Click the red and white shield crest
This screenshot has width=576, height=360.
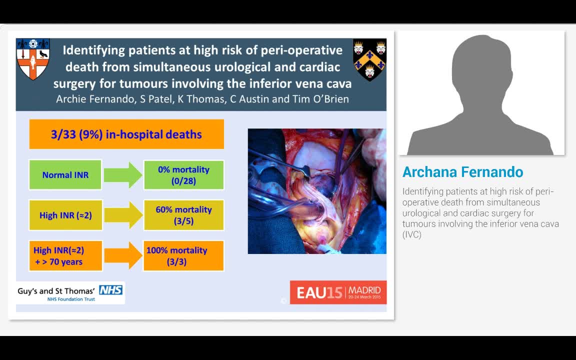click(33, 59)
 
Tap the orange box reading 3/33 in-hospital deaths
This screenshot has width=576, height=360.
click(126, 134)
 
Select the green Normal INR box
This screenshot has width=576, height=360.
click(65, 175)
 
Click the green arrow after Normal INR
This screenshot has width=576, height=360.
click(122, 175)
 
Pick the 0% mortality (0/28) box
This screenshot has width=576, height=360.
click(183, 175)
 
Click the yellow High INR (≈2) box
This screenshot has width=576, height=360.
click(65, 215)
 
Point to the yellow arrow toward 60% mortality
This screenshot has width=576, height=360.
click(122, 215)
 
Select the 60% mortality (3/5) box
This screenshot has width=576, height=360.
click(183, 215)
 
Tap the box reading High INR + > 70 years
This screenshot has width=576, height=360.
click(59, 255)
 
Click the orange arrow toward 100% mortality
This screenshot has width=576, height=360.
click(122, 255)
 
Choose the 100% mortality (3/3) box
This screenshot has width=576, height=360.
click(183, 255)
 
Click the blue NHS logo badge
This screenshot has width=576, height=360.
click(110, 289)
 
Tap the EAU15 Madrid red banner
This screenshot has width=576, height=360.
click(338, 292)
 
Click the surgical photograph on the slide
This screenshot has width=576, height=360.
click(317, 191)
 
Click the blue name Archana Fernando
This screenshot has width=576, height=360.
click(463, 172)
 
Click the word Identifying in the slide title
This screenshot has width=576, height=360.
click(93, 50)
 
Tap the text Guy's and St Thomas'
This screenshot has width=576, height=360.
click(56, 290)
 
